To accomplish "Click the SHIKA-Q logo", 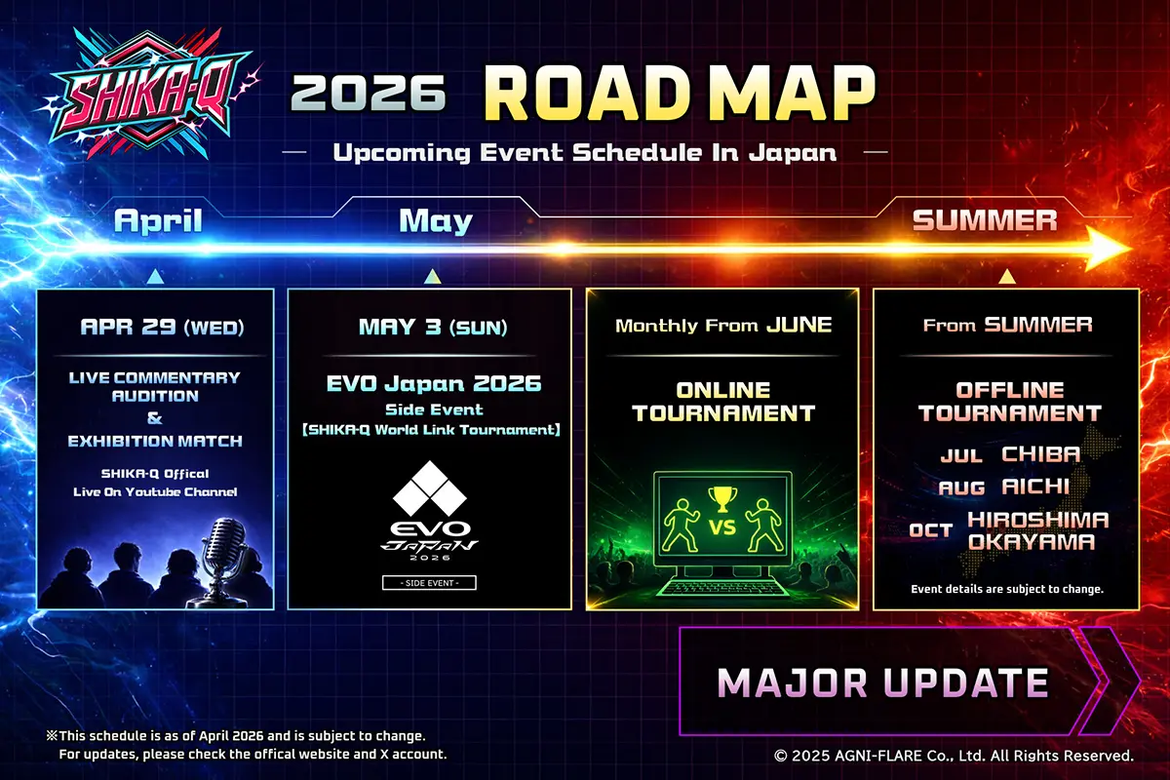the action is tap(149, 94).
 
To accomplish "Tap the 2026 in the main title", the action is tap(369, 93).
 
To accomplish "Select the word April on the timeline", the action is tap(158, 221).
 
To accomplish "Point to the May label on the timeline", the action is tap(436, 221).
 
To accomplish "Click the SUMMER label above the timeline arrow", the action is tap(985, 220).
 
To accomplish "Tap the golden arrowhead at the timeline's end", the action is tap(1108, 249).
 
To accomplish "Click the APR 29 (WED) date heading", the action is tap(162, 327).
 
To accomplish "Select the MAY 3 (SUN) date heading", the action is tap(433, 327).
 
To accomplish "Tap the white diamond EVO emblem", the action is tap(430, 487).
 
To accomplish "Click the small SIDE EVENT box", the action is tap(429, 582).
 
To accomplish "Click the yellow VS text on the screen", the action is tap(722, 527).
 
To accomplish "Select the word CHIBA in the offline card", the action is tap(1040, 454).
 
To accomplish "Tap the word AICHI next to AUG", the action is tap(1035, 487).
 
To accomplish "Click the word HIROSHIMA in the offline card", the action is tap(1037, 520).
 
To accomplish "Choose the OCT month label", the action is tap(931, 530).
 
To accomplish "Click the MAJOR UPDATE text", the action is tap(882, 682).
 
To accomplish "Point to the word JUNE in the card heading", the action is tap(799, 325).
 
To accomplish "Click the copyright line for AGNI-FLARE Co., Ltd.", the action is tap(954, 756).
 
